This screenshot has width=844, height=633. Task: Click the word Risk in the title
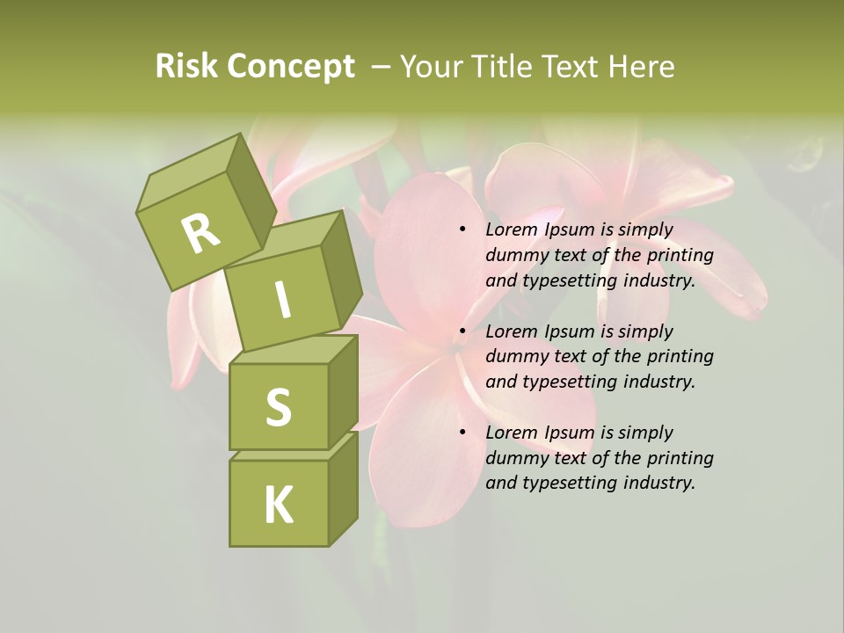tap(186, 67)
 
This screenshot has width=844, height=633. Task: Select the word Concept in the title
tap(290, 68)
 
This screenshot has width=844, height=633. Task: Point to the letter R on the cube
tap(200, 234)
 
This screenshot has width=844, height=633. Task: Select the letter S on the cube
tap(278, 407)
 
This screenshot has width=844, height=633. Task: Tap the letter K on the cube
tap(278, 505)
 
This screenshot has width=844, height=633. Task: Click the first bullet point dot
tap(463, 230)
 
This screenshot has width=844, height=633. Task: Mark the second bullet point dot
tap(463, 331)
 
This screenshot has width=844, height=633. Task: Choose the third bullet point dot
tap(463, 433)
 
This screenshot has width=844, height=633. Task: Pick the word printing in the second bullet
tap(680, 357)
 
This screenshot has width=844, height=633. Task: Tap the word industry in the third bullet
tap(658, 483)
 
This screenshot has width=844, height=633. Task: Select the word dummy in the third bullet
tap(514, 458)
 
